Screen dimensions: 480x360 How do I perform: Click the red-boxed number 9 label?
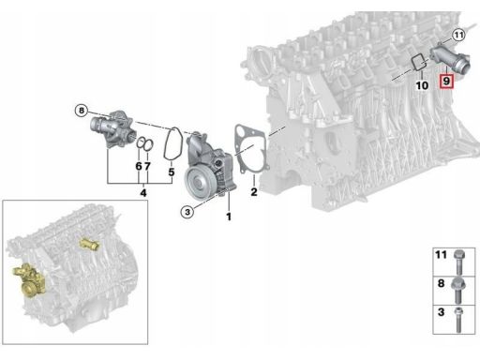pyautogui.click(x=446, y=82)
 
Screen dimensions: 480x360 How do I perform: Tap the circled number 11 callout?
pyautogui.click(x=458, y=35)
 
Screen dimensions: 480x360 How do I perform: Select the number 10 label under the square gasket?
pyautogui.click(x=422, y=85)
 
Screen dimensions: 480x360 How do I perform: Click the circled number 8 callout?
pyautogui.click(x=82, y=111)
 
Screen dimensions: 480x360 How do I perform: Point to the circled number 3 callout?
pyautogui.click(x=187, y=212)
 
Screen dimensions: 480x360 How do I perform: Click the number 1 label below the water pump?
pyautogui.click(x=229, y=217)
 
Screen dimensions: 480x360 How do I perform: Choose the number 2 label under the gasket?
pyautogui.click(x=254, y=191)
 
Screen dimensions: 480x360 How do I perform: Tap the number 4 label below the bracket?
pyautogui.click(x=143, y=193)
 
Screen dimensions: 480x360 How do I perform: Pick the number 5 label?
pyautogui.click(x=172, y=172)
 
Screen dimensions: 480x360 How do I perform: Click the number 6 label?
pyautogui.click(x=139, y=166)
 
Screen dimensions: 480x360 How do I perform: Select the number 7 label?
pyautogui.click(x=147, y=166)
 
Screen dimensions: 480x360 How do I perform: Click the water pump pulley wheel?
pyautogui.click(x=198, y=182)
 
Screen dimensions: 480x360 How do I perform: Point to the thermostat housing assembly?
pyautogui.click(x=112, y=129)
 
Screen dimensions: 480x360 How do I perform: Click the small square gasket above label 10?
pyautogui.click(x=418, y=63)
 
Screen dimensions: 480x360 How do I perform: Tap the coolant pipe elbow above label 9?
pyautogui.click(x=449, y=58)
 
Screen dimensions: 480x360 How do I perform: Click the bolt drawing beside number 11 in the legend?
pyautogui.click(x=458, y=262)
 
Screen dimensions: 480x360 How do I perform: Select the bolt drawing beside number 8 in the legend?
pyautogui.click(x=458, y=290)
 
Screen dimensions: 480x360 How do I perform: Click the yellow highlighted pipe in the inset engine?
pyautogui.click(x=89, y=244)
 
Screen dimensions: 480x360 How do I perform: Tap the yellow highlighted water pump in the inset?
pyautogui.click(x=28, y=279)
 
